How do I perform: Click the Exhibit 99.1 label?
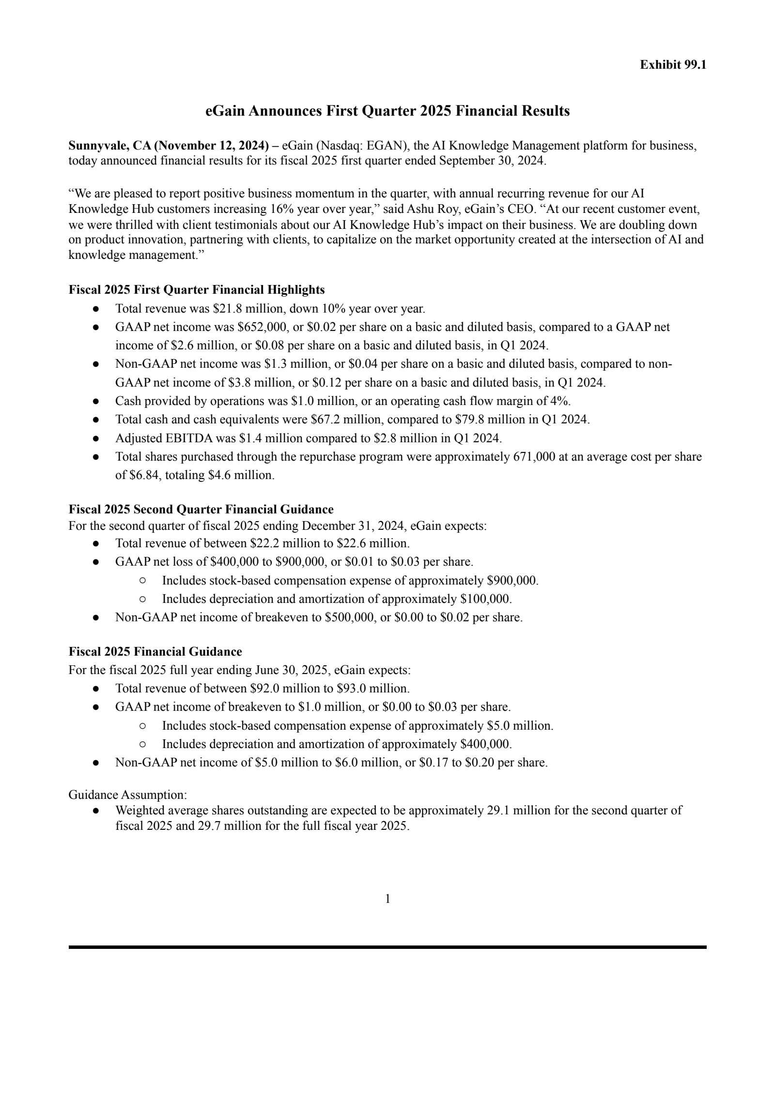[673, 65]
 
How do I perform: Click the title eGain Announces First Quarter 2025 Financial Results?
[387, 111]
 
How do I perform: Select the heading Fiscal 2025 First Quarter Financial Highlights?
[196, 290]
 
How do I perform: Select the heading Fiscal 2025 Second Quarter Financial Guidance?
[201, 510]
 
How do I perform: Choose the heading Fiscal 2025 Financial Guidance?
[155, 652]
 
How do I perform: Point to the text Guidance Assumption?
[128, 795]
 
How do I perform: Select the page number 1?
[387, 899]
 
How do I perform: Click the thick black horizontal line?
[387, 947]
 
